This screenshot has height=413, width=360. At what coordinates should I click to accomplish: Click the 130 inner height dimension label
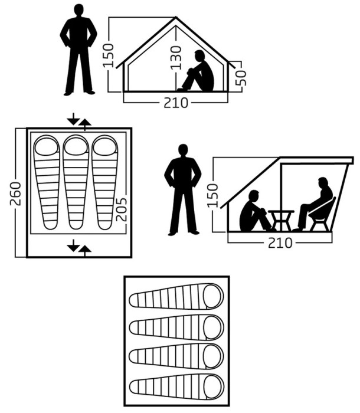pyautogui.click(x=176, y=58)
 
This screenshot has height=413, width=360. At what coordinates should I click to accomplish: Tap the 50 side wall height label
pyautogui.click(x=241, y=78)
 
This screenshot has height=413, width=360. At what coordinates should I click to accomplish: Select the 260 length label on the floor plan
pyautogui.click(x=15, y=194)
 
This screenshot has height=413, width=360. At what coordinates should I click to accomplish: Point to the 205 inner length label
pyautogui.click(x=122, y=209)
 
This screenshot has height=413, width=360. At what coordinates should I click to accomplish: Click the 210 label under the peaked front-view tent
pyautogui.click(x=176, y=103)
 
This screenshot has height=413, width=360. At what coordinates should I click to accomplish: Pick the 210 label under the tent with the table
pyautogui.click(x=280, y=243)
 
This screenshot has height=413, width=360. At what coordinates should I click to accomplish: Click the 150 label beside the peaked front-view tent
pyautogui.click(x=109, y=55)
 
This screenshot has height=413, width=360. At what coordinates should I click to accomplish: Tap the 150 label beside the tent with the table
pyautogui.click(x=213, y=195)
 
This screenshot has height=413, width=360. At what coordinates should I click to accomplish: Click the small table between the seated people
pyautogui.click(x=281, y=221)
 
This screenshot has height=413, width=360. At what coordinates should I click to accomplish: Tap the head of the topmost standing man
pyautogui.click(x=78, y=11)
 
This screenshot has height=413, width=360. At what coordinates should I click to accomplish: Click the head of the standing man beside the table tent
pyautogui.click(x=183, y=151)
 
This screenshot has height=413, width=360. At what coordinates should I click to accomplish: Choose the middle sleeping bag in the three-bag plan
pyautogui.click(x=76, y=182)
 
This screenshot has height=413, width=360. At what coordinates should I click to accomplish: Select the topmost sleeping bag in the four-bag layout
pyautogui.click(x=176, y=296)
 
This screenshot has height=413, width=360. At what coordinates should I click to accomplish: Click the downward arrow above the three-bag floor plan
pyautogui.click(x=74, y=119)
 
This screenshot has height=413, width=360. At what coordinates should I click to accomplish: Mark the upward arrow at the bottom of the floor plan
pyautogui.click(x=84, y=251)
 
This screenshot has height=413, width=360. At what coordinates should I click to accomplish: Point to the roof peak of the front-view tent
pyautogui.click(x=176, y=17)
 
